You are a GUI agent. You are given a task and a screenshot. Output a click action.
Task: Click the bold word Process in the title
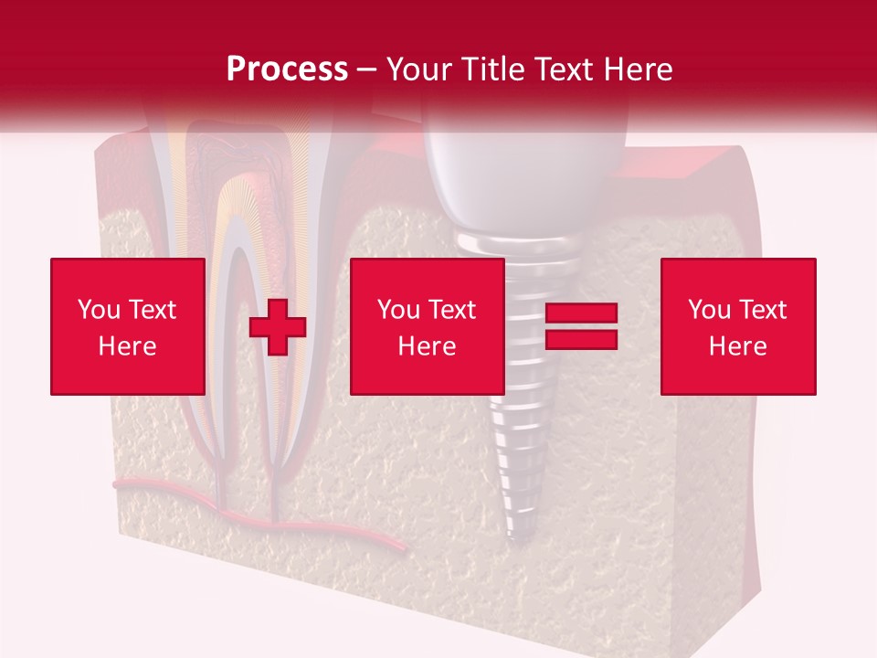[x=287, y=69]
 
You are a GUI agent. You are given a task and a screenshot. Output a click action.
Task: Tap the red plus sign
[x=278, y=327]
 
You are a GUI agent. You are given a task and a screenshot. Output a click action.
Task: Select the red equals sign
[x=581, y=327]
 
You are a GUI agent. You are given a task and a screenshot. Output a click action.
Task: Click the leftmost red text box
[x=128, y=327]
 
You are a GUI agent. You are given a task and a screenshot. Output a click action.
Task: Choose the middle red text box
[x=428, y=327]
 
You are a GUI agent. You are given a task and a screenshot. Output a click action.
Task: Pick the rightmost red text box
[x=738, y=327]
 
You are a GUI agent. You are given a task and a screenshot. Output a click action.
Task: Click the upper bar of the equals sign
[x=581, y=313]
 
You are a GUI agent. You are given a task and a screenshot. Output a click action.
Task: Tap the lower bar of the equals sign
[x=581, y=340]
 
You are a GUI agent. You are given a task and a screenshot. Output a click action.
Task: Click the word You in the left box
[x=98, y=310]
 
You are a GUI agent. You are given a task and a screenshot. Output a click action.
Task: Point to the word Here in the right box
[x=738, y=346]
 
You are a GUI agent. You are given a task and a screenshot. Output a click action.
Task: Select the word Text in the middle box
[x=452, y=310]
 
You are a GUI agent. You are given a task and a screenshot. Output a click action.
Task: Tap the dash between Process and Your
[x=367, y=69]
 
